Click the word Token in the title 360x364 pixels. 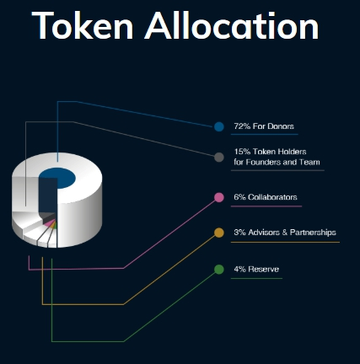click(x=83, y=25)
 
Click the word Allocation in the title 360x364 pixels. click(x=232, y=25)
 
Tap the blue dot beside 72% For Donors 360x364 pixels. click(x=219, y=126)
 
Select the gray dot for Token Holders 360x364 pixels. click(x=219, y=158)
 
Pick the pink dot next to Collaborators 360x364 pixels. click(x=219, y=197)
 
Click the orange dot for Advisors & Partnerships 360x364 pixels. click(x=219, y=233)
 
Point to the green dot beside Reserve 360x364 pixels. click(x=219, y=270)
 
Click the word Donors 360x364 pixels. click(x=281, y=126)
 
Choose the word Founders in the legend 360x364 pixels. click(x=261, y=163)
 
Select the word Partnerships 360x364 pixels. click(x=313, y=233)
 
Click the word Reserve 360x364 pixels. click(x=264, y=269)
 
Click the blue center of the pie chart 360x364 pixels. click(x=57, y=178)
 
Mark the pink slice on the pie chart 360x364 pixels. click(x=49, y=223)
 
